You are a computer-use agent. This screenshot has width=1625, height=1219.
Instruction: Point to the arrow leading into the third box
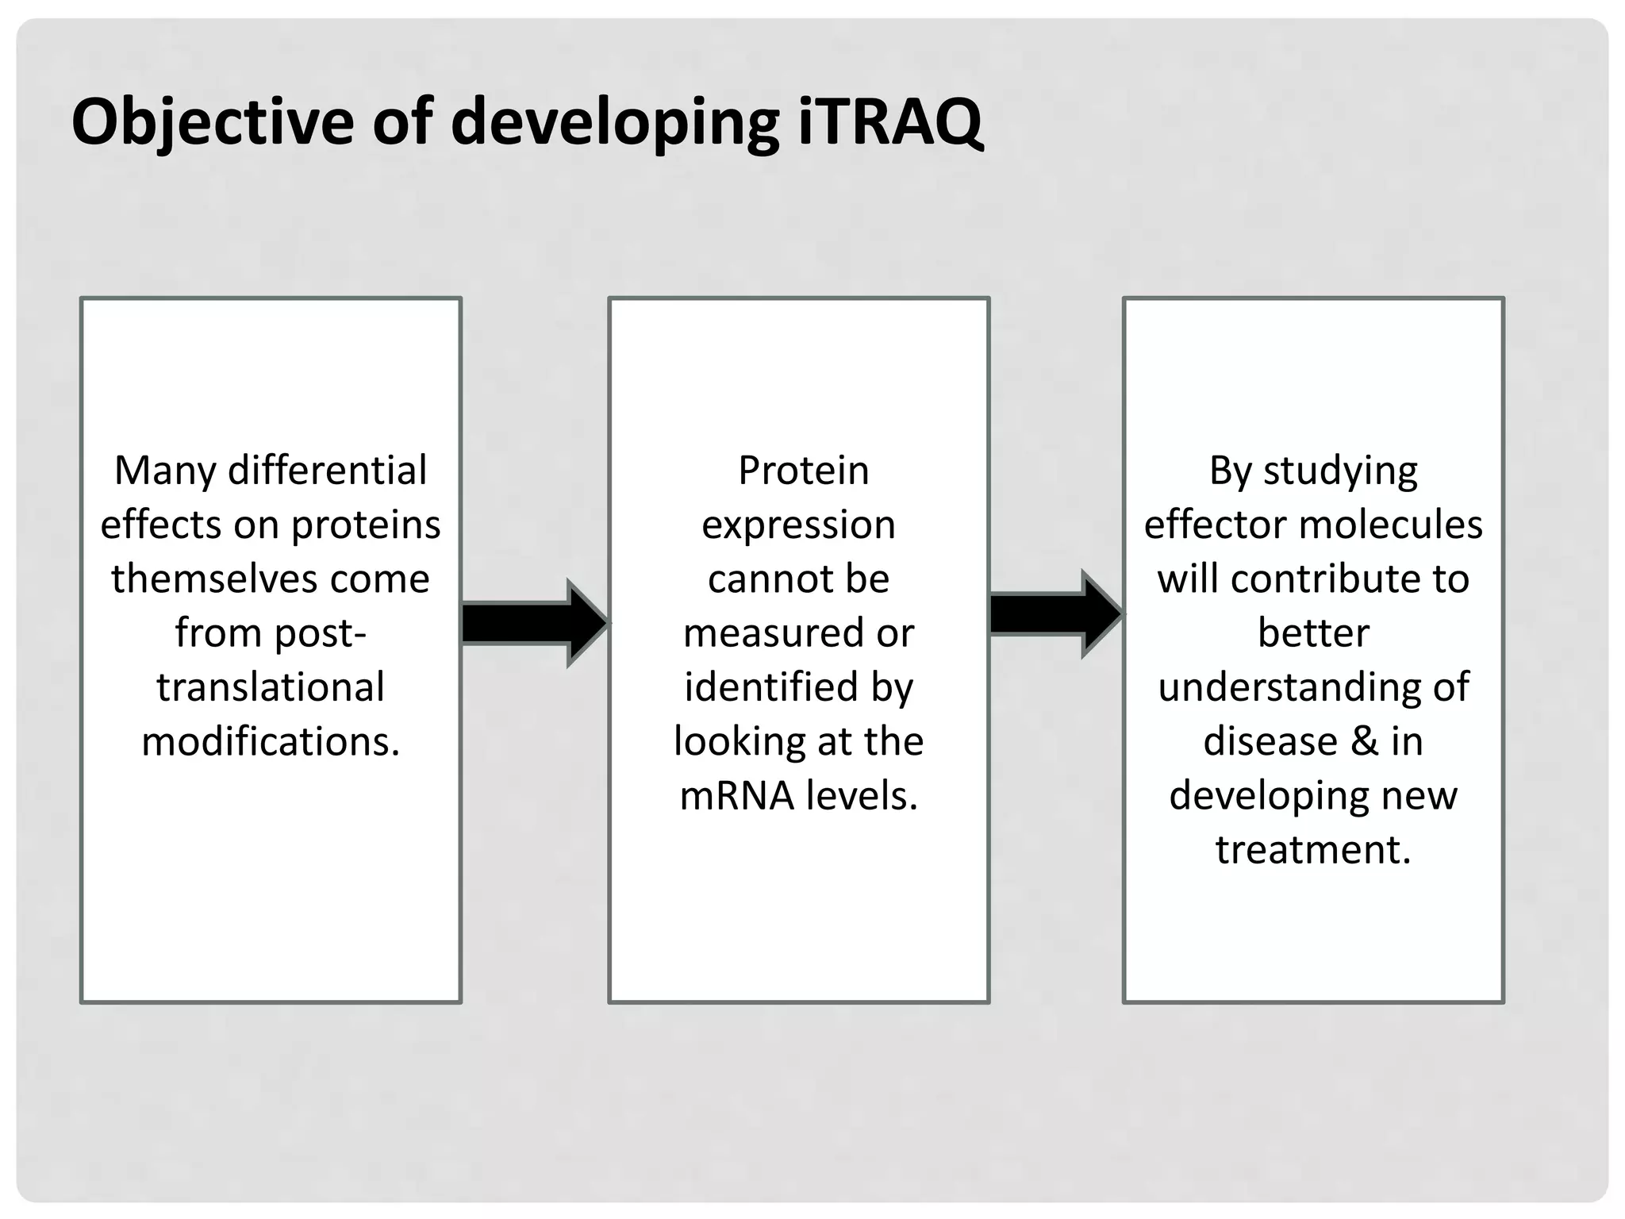point(1055,614)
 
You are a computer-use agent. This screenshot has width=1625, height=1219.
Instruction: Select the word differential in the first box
point(327,471)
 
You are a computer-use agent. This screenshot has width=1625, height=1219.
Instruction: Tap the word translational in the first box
point(271,687)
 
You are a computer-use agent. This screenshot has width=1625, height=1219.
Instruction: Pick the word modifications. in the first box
point(271,741)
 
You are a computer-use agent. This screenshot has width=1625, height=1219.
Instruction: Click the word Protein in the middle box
point(803,471)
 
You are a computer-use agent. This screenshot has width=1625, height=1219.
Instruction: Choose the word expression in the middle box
point(798,525)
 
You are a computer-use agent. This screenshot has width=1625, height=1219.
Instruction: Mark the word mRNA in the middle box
point(737,795)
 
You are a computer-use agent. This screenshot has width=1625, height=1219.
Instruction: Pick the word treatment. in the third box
point(1313,849)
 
